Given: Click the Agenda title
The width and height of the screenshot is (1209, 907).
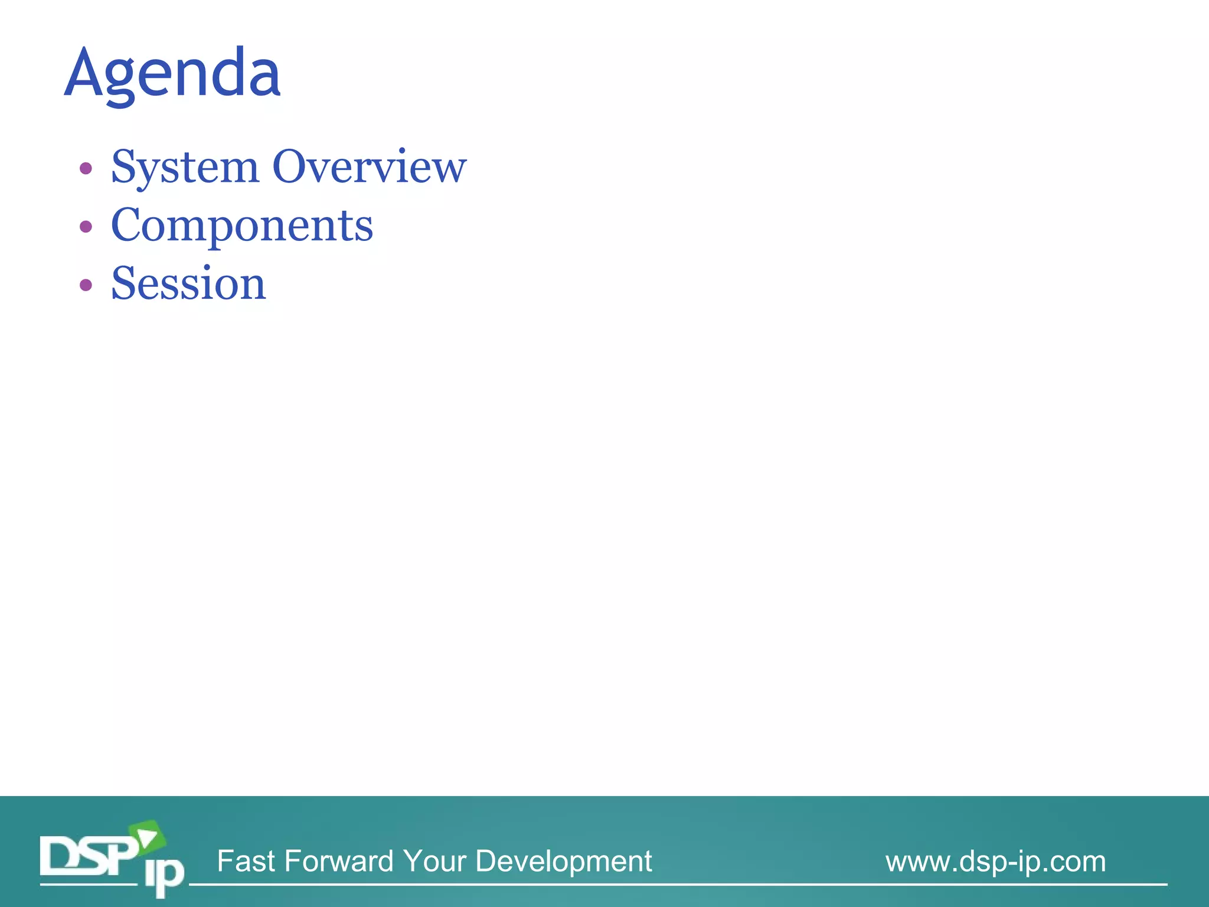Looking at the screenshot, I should click(x=172, y=73).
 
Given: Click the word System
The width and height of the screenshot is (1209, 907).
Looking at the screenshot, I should click(x=185, y=167).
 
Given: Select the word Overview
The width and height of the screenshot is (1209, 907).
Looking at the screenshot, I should click(x=369, y=167).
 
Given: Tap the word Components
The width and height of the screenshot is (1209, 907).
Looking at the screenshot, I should click(x=242, y=226).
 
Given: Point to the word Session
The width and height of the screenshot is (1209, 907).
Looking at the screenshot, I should click(x=188, y=283).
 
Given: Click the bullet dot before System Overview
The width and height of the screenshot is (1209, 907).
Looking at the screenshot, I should click(x=86, y=169).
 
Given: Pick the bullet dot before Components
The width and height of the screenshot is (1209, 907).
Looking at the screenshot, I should click(x=86, y=227).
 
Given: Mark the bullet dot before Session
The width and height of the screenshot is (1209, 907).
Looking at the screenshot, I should click(x=86, y=285).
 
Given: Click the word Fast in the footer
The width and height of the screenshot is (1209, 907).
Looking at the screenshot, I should click(x=246, y=861).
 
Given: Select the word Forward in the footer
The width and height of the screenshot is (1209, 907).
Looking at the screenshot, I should click(x=338, y=861).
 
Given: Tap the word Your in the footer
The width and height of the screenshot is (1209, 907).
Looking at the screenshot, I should click(x=434, y=861).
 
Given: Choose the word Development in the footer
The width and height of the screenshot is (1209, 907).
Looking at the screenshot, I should click(x=563, y=861).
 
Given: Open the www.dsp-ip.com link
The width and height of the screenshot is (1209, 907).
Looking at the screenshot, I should click(x=995, y=862).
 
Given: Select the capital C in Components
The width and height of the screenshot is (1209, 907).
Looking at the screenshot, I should click(x=127, y=226).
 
